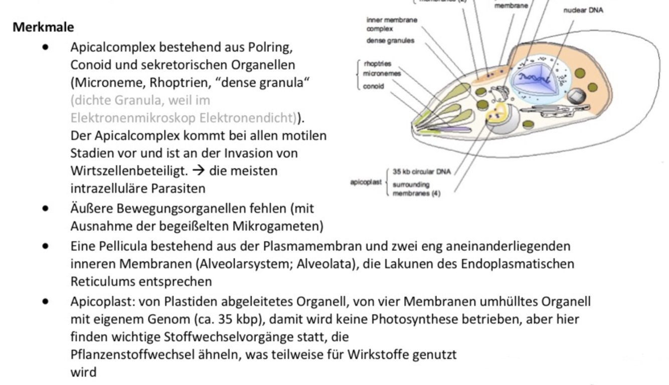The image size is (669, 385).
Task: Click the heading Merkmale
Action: (x=43, y=27)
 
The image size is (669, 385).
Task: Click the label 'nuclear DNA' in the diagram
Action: (x=583, y=10)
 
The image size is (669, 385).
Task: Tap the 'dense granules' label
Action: (x=390, y=41)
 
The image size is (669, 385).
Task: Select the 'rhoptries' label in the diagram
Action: (x=378, y=64)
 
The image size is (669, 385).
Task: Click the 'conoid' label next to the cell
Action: (x=374, y=86)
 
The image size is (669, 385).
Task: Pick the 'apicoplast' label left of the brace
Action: (x=366, y=182)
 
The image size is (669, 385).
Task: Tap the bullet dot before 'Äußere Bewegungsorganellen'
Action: (x=46, y=208)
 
